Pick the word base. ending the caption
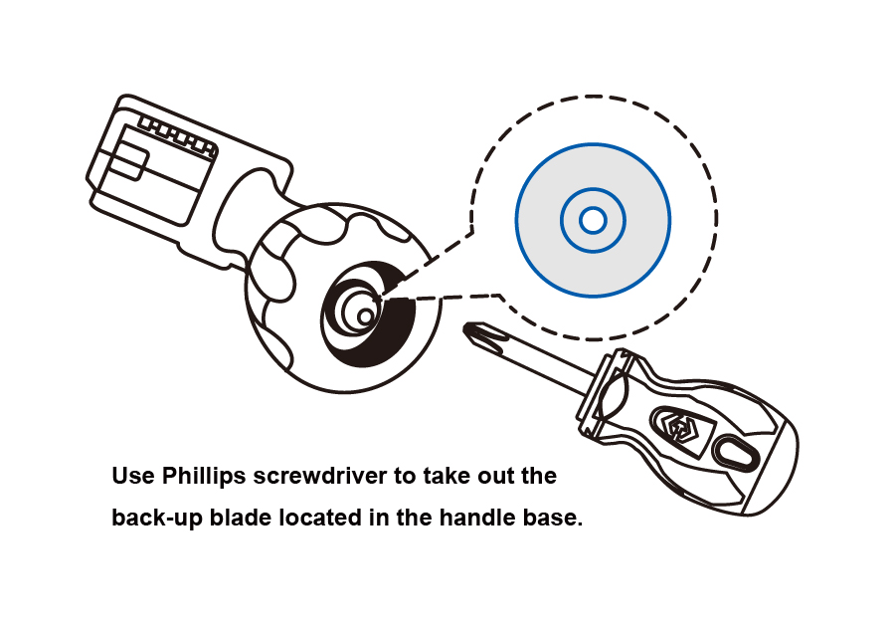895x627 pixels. click(555, 518)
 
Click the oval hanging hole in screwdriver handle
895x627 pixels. click(735, 451)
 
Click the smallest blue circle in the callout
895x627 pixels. click(593, 220)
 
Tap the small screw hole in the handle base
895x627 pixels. click(366, 314)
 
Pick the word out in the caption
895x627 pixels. click(504, 476)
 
